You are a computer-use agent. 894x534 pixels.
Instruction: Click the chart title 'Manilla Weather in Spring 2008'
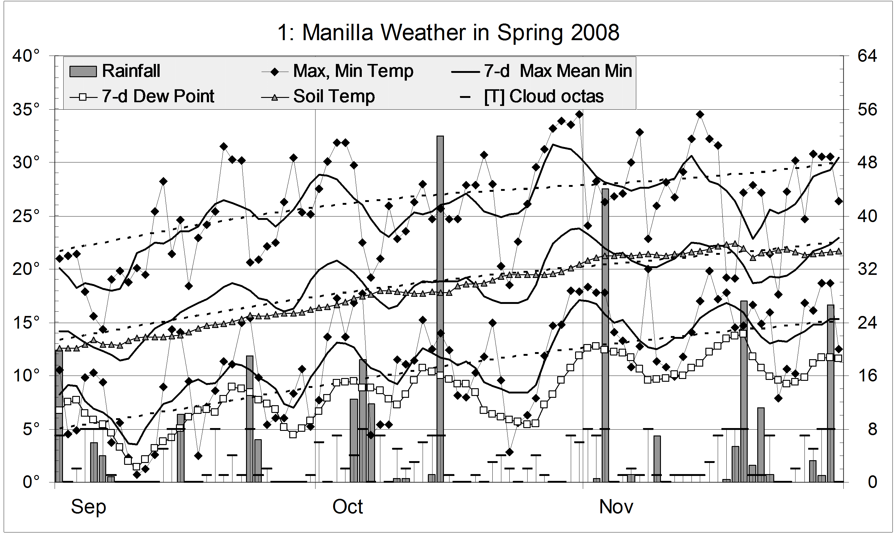[x=448, y=33]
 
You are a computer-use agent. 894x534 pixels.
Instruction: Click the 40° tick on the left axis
[x=26, y=56]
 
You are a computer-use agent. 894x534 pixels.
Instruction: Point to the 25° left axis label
[x=26, y=216]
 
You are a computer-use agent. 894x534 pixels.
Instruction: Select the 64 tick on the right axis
[x=867, y=56]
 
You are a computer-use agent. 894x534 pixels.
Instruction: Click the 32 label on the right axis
[x=867, y=269]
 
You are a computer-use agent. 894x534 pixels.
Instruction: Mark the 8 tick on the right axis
[x=872, y=429]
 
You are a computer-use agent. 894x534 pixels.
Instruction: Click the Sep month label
[x=89, y=507]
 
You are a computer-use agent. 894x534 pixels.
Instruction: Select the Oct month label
[x=347, y=507]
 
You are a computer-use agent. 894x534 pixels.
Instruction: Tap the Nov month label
[x=616, y=507]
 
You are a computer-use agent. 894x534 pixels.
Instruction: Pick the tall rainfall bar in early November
[x=605, y=335]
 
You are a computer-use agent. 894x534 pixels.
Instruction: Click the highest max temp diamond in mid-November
[x=700, y=114]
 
